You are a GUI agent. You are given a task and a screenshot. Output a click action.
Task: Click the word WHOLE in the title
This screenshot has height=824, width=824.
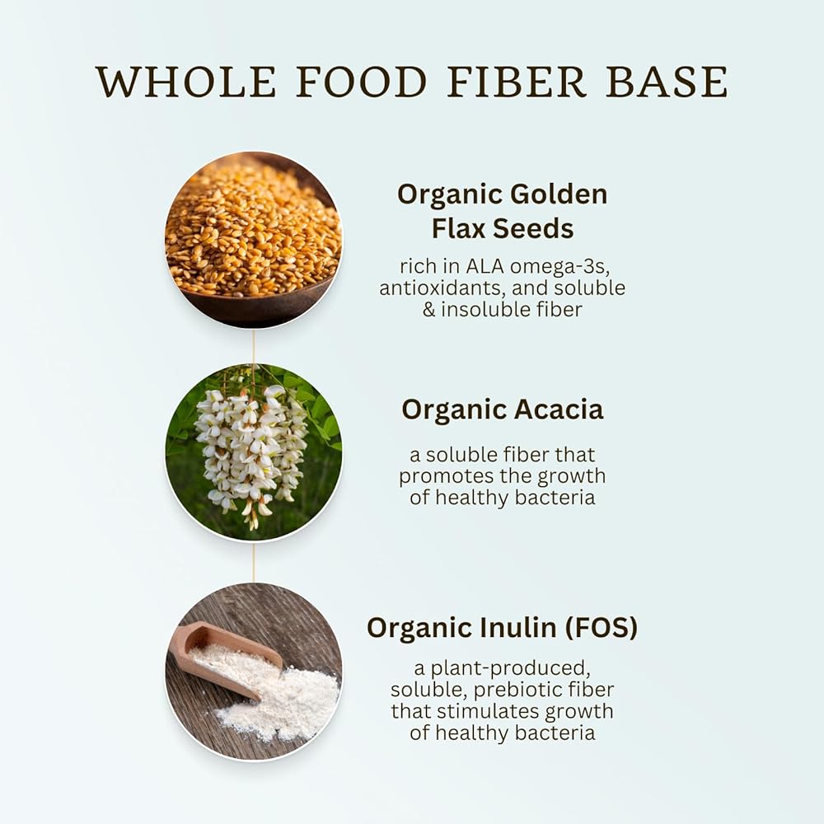pyautogui.click(x=186, y=82)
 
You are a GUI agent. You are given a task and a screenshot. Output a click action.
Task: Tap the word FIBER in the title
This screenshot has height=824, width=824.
pyautogui.click(x=517, y=82)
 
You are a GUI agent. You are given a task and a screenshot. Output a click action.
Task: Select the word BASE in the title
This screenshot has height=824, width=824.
pyautogui.click(x=667, y=82)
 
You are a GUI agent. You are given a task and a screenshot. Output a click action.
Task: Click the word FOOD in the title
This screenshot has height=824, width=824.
pyautogui.click(x=362, y=82)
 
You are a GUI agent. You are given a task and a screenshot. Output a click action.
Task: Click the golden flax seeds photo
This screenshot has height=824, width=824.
pyautogui.click(x=253, y=240)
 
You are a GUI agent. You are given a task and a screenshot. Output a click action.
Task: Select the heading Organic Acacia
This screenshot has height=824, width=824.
pyautogui.click(x=503, y=410)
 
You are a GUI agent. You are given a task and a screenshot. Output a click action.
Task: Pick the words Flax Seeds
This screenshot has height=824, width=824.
pyautogui.click(x=503, y=228)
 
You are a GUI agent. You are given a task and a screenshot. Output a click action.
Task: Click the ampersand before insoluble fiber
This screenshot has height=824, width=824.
pyautogui.click(x=428, y=310)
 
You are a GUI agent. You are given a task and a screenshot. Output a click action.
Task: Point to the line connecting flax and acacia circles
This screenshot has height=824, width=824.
pyautogui.click(x=254, y=346)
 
